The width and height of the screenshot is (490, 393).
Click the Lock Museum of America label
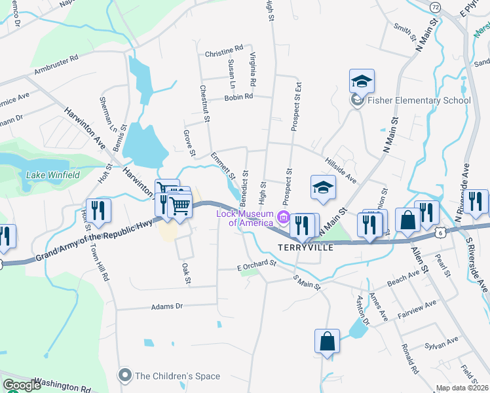pos(245,218)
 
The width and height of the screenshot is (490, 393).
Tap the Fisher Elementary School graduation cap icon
pos(362,81)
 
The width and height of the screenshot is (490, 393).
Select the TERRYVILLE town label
pos(306,248)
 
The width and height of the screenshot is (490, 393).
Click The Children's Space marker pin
pos(124,375)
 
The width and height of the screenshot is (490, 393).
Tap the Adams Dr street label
pos(166,306)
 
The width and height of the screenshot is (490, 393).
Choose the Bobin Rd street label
pos(238,97)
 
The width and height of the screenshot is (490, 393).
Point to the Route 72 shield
pos(436,7)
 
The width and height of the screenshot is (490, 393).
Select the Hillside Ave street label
pos(340,170)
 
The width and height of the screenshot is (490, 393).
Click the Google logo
pos(22,385)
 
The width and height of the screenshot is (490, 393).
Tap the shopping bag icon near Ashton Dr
pos(327,341)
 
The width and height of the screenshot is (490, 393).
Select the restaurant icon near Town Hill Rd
pos(98,210)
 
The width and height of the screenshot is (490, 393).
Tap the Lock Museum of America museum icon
pos(283,217)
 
